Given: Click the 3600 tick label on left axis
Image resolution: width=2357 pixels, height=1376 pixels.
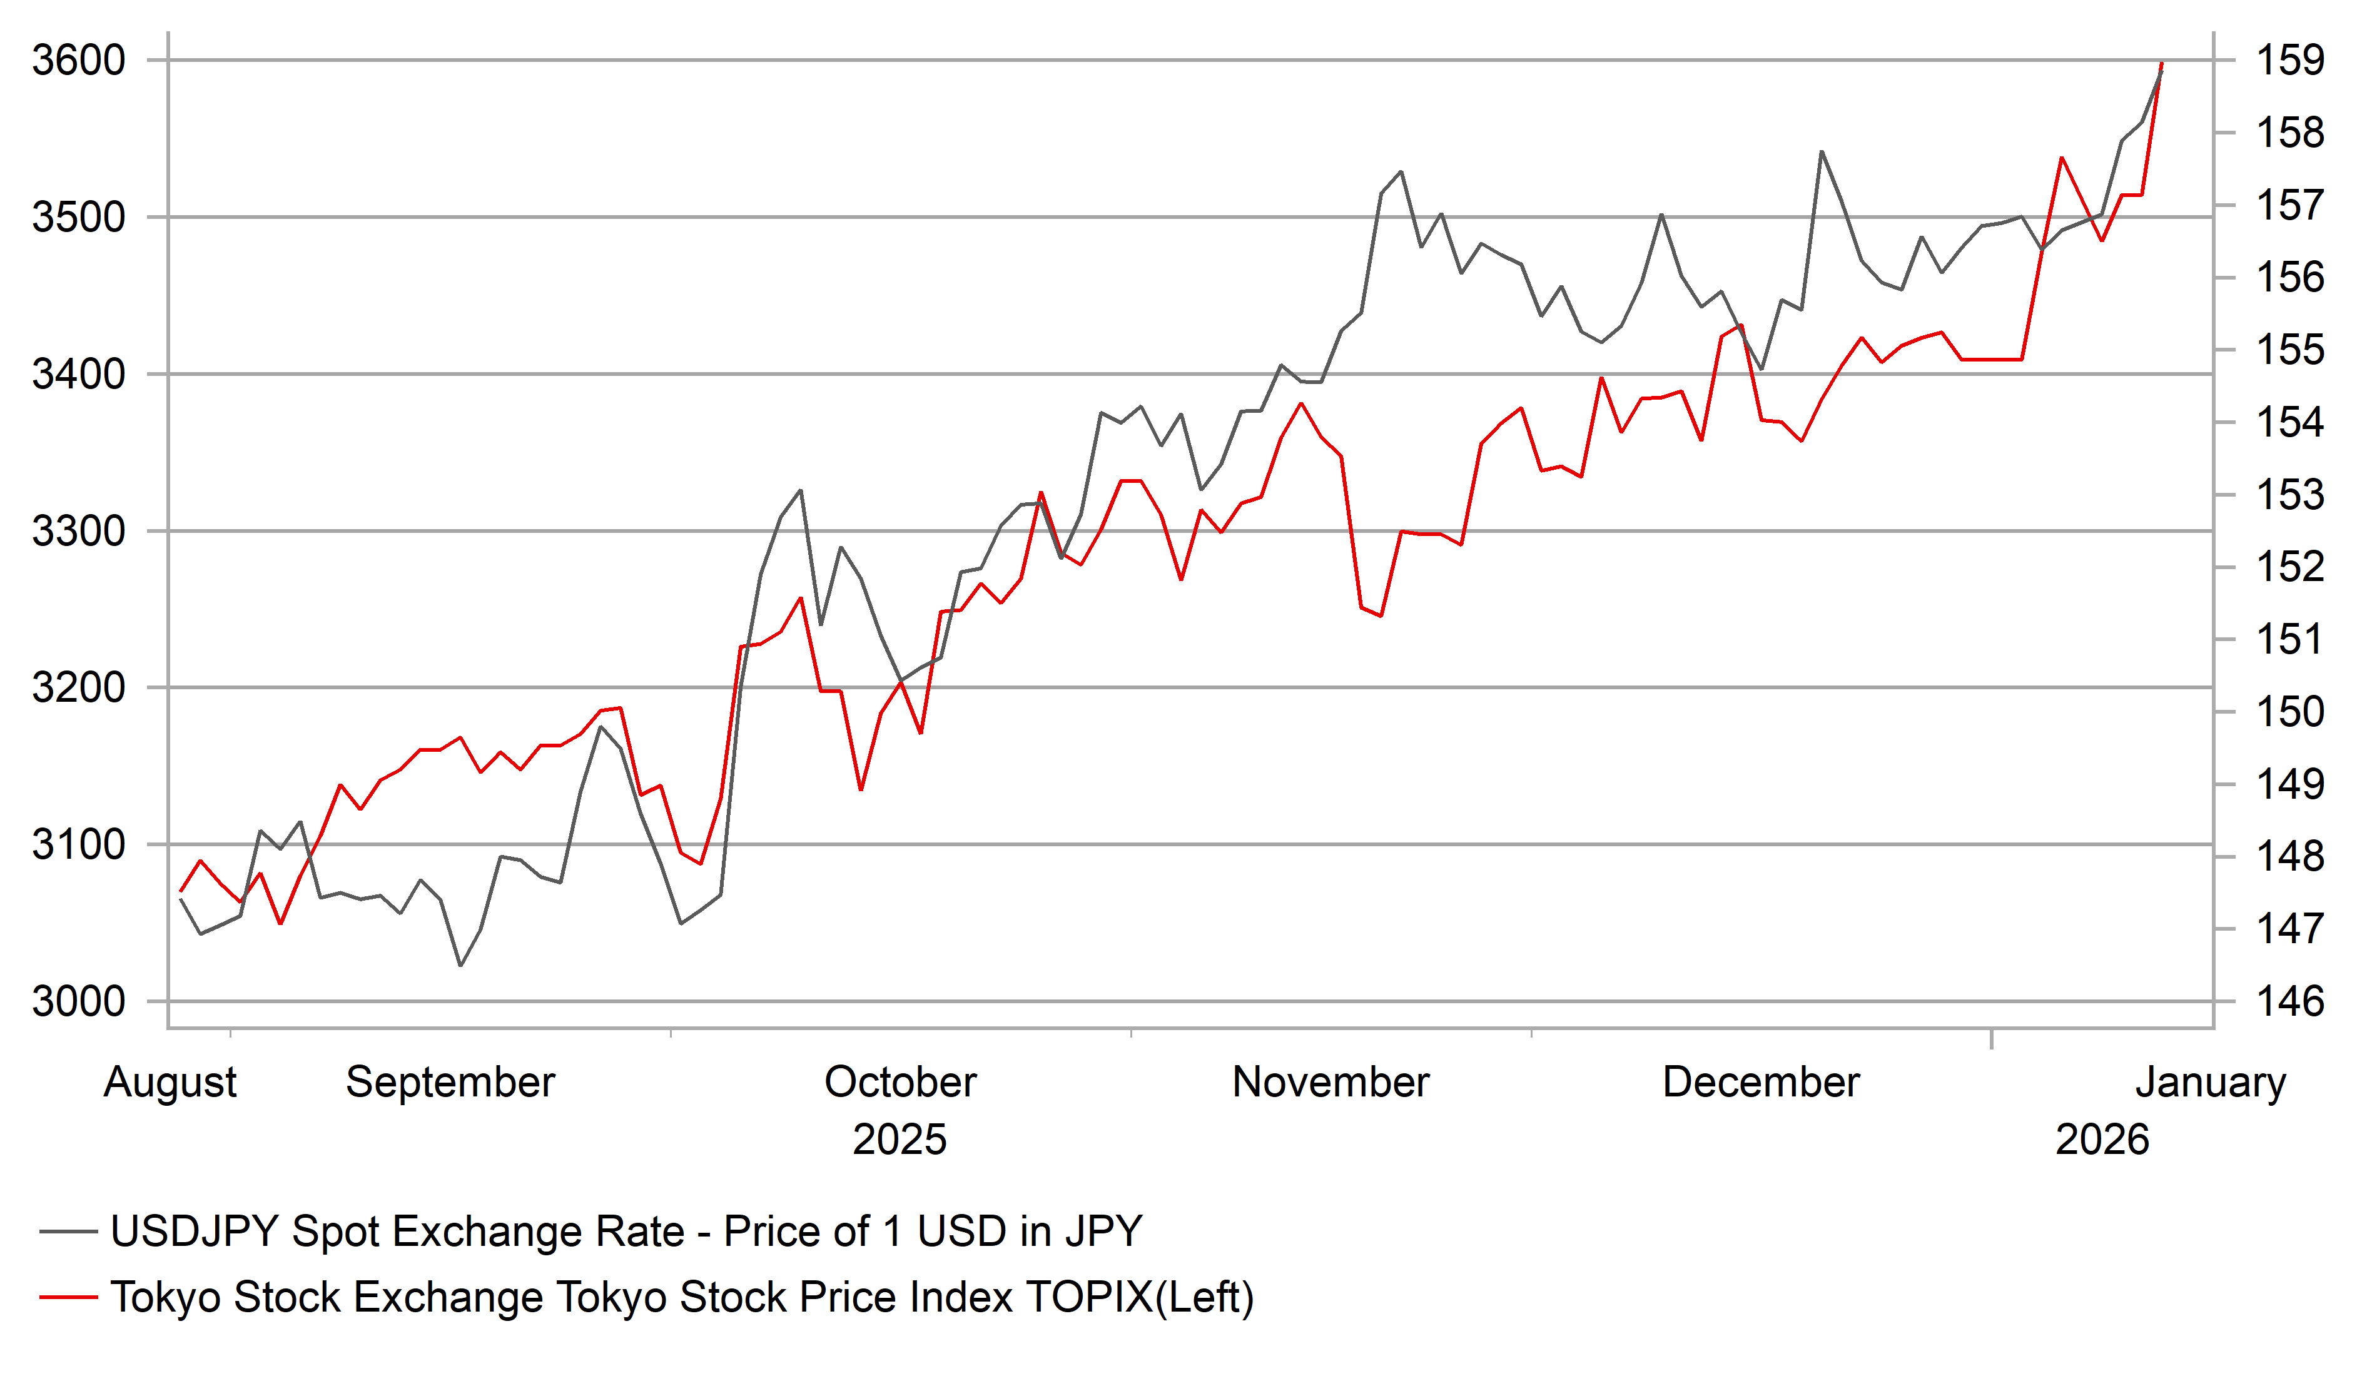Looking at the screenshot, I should [x=79, y=61].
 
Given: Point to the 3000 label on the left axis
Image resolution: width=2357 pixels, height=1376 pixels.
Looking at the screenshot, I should [x=79, y=1002].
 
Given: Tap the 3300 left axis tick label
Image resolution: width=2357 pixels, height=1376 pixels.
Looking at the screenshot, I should [x=79, y=531].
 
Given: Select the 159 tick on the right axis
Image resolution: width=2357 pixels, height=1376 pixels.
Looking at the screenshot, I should [x=2289, y=61].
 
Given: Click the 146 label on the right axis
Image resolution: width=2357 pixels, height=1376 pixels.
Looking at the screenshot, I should [x=2289, y=1002].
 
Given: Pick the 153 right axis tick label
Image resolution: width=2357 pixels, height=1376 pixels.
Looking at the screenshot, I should [x=2289, y=495].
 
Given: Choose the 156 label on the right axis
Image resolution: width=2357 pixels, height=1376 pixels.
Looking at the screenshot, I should [x=2289, y=278].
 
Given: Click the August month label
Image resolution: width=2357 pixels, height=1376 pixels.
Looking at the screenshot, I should [x=170, y=1082].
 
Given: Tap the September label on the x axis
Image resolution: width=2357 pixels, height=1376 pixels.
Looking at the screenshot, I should [x=451, y=1082].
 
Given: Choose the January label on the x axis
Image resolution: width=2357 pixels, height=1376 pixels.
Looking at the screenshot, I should [x=2210, y=1082].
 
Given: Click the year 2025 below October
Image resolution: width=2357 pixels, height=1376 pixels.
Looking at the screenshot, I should [x=899, y=1140].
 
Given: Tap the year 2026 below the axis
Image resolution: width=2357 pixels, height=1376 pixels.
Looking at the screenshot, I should [x=2102, y=1140].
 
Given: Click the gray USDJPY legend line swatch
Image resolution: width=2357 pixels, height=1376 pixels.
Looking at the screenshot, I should [x=68, y=1232].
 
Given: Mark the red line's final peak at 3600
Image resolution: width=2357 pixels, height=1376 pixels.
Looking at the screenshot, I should [x=2161, y=64].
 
